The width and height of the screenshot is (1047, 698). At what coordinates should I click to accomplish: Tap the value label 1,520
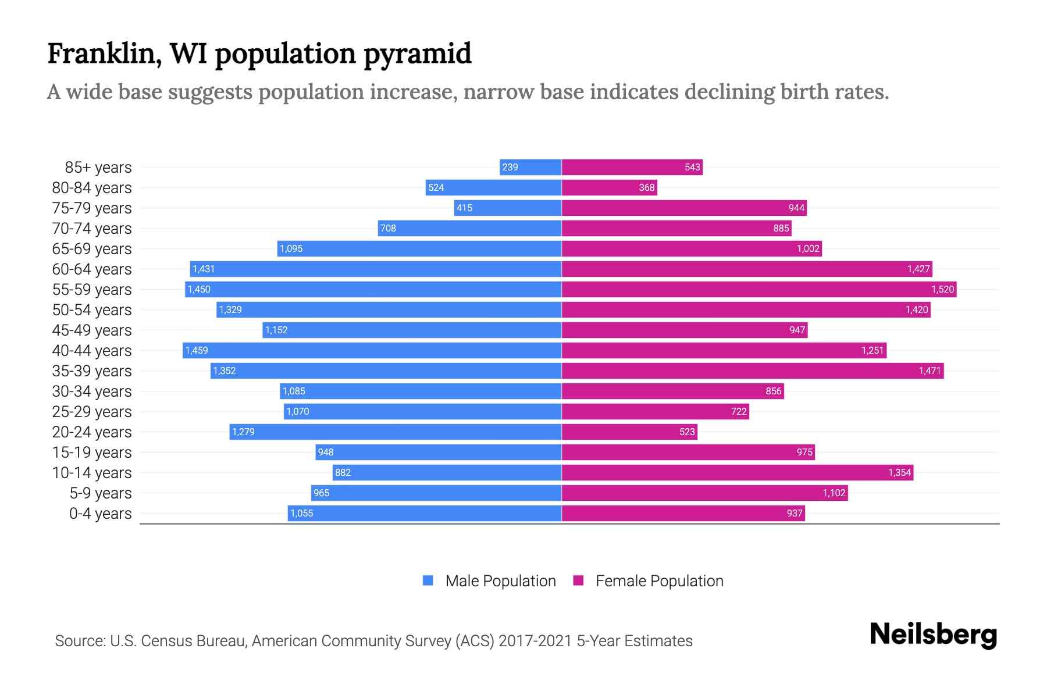pos(942,290)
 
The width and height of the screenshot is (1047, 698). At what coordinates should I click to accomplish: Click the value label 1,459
pos(197,351)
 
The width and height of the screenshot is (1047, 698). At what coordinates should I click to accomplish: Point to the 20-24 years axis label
pos(92,432)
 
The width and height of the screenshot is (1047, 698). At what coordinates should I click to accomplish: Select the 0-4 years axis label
pos(100,514)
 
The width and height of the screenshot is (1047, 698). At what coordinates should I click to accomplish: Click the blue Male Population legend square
pos(428,581)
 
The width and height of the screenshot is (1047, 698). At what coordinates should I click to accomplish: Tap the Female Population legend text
pos(659,581)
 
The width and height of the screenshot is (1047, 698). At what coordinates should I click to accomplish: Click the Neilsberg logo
pos(933,635)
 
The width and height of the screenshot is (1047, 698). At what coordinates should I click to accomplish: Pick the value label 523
pos(687,432)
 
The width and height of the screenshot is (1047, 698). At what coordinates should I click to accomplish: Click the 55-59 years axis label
pos(92,290)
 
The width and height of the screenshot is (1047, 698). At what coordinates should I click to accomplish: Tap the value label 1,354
pos(899,473)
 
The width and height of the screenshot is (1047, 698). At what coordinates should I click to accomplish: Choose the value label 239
pos(510,168)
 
